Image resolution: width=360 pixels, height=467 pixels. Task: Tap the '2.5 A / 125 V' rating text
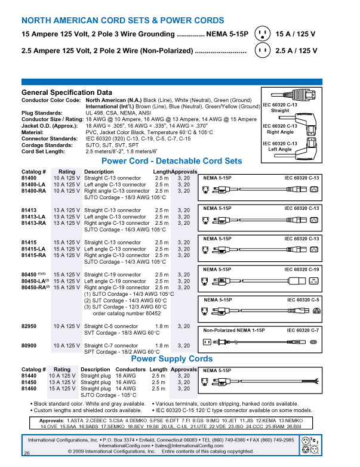pyautogui.click(x=297, y=51)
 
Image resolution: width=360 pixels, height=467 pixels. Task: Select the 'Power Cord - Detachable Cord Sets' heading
pyautogui.click(x=172, y=161)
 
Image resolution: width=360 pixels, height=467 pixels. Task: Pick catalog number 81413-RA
pyautogui.click(x=34, y=223)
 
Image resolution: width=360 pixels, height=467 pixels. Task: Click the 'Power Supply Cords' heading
pyautogui.click(x=172, y=359)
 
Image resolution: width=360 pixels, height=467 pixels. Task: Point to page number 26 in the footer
pyautogui.click(x=27, y=454)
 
